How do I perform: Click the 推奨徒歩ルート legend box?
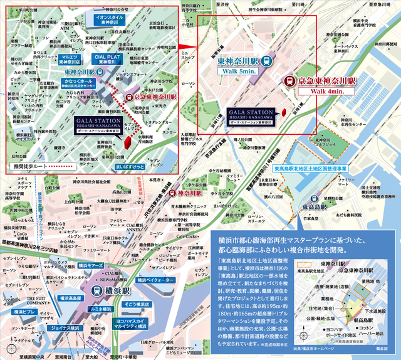43,167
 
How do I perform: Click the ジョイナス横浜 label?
64,310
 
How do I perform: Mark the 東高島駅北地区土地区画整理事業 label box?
310,170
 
